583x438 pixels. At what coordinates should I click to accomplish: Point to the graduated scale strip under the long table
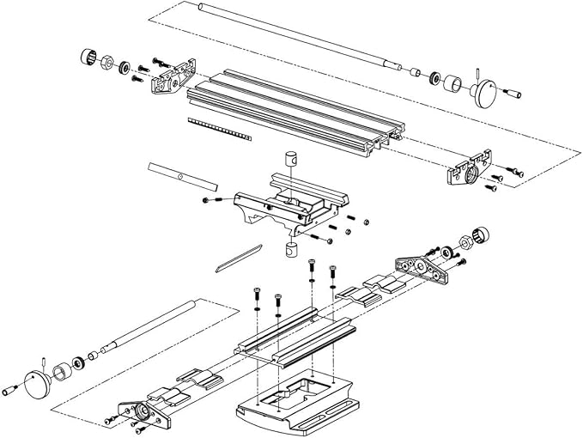coord(218,130)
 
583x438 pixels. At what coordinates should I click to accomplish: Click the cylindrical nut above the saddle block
coord(292,160)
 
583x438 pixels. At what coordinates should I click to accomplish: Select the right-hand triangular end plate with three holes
coord(421,268)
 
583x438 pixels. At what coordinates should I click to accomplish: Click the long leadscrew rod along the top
coord(292,34)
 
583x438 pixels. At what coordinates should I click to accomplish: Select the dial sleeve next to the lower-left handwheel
coord(62,372)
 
